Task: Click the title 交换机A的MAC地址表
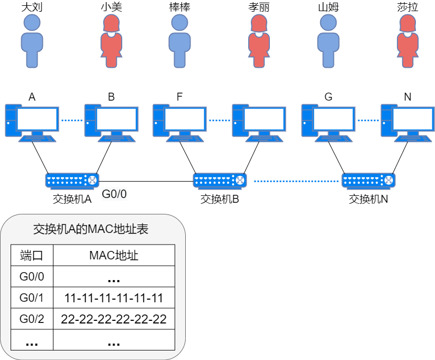pos(90,230)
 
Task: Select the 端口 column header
pos(32,256)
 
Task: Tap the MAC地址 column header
pos(114,256)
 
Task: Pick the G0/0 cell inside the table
pos(32,277)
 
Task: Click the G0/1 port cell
pos(32,298)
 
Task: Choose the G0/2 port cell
pos(32,319)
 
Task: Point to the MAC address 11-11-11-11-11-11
pos(114,298)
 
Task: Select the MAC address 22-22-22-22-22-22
pos(114,319)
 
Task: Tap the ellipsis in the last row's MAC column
pos(114,343)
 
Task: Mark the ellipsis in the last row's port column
pos(32,343)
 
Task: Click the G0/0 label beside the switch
pos(114,194)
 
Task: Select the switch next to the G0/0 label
pos(72,181)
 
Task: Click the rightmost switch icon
pos(369,181)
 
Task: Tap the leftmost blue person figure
pos(32,41)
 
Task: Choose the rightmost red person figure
pos(407,41)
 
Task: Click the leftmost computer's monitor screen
pos(37,119)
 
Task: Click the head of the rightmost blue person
pos(328,22)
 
